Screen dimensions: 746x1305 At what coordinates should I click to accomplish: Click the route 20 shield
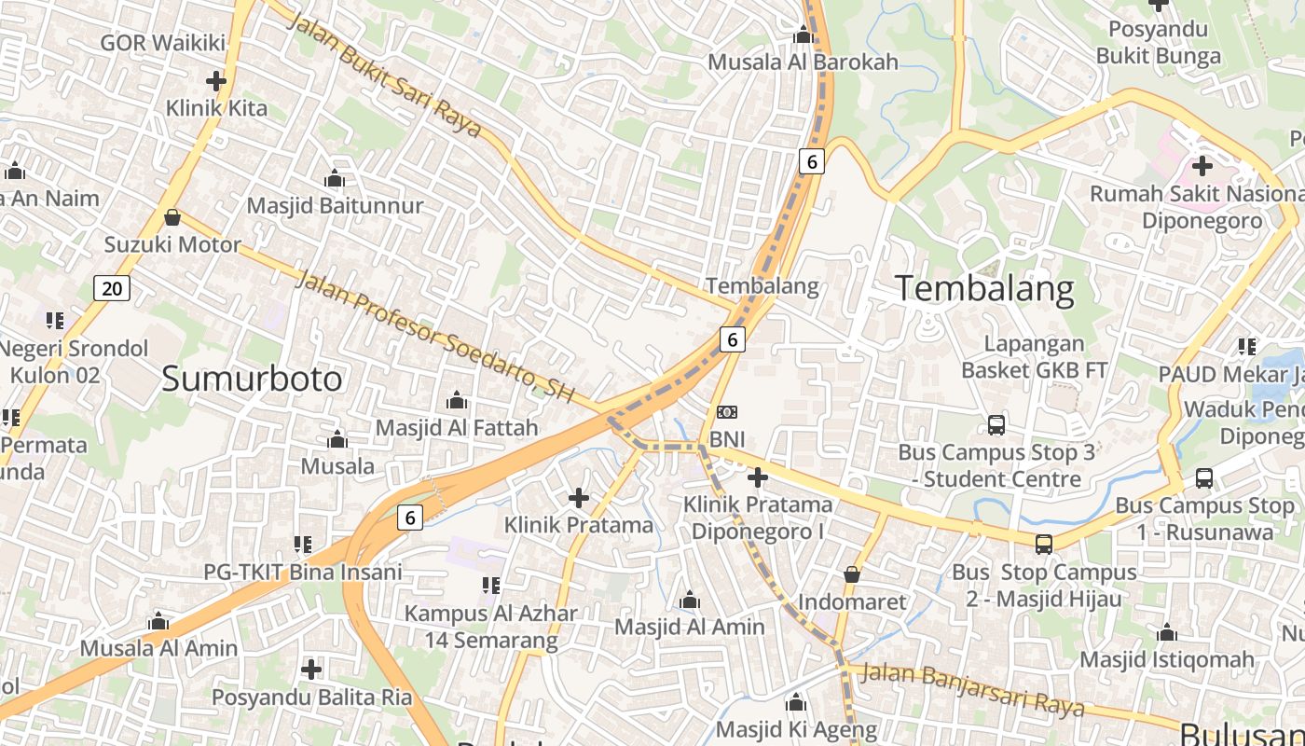(x=112, y=288)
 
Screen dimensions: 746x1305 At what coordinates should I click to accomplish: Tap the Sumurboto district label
(x=252, y=379)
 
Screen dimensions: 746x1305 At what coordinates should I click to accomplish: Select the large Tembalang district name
(x=985, y=288)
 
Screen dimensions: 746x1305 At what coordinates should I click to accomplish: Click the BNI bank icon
(x=726, y=412)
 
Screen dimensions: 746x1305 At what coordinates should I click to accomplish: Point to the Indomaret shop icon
(x=851, y=574)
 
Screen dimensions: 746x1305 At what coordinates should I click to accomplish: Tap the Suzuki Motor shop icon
(x=172, y=218)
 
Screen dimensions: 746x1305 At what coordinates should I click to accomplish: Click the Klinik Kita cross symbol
(x=216, y=81)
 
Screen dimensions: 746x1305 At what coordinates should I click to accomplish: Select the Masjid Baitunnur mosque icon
(x=335, y=178)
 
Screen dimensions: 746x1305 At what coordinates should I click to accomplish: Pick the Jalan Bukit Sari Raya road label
(x=384, y=75)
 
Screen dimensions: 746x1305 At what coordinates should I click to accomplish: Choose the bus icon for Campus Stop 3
(x=996, y=425)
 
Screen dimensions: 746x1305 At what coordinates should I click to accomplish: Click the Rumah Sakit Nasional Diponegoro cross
(x=1202, y=167)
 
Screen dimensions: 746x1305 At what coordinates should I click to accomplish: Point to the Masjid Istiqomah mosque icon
(x=1167, y=633)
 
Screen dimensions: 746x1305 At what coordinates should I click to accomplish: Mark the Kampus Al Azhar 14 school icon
(x=491, y=586)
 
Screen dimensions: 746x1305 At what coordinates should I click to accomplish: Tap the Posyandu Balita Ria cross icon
(x=311, y=669)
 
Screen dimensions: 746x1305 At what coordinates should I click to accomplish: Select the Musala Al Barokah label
(x=803, y=62)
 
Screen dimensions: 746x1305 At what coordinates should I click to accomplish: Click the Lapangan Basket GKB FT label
(x=1034, y=357)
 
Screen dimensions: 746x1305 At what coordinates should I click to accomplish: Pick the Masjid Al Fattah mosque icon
(x=457, y=401)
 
